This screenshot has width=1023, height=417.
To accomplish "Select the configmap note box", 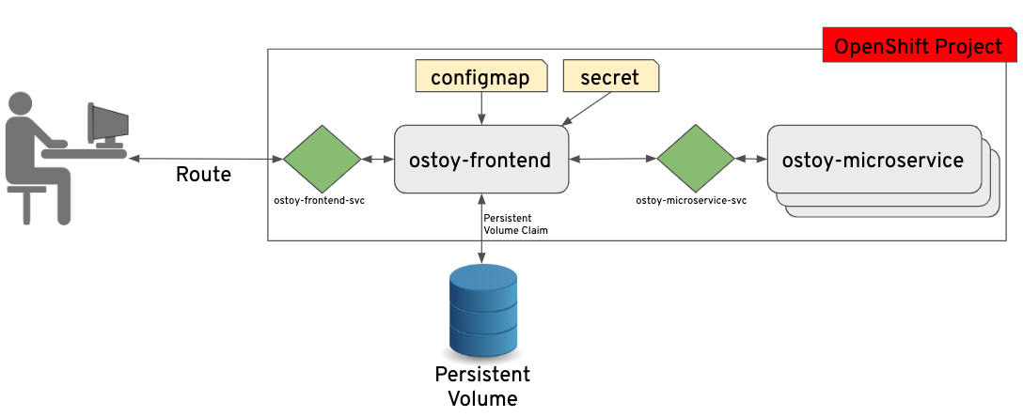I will pyautogui.click(x=481, y=77).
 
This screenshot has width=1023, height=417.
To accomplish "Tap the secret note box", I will pyautogui.click(x=610, y=77).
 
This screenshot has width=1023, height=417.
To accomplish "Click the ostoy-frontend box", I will pyautogui.click(x=480, y=160).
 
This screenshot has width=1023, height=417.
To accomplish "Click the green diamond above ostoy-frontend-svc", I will pyautogui.click(x=322, y=160).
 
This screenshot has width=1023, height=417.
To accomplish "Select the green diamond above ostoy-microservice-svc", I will pyautogui.click(x=695, y=160).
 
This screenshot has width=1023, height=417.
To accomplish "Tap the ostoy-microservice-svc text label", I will pyautogui.click(x=691, y=201).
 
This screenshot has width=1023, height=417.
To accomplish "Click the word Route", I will pyautogui.click(x=204, y=175).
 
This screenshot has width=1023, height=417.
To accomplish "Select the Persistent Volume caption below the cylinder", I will pyautogui.click(x=482, y=386).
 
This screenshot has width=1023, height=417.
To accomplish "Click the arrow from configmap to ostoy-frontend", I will pyautogui.click(x=481, y=108).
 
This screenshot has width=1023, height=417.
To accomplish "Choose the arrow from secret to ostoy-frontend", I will pyautogui.click(x=589, y=109).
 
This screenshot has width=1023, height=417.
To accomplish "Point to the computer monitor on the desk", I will pyautogui.click(x=106, y=122).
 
